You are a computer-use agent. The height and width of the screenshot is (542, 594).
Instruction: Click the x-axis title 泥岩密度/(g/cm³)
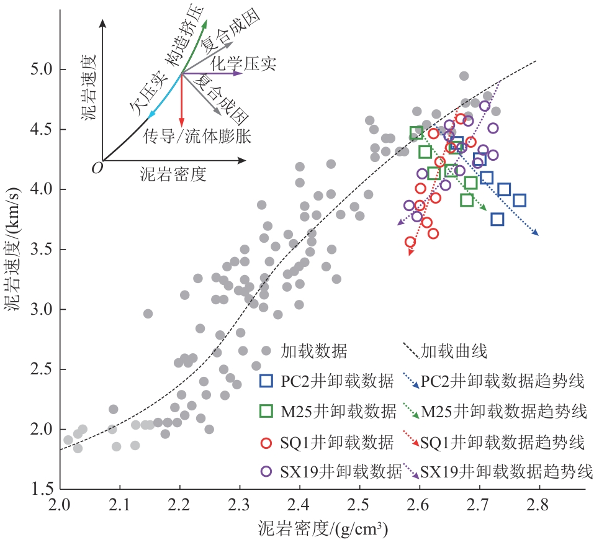pyautogui.click(x=323, y=528)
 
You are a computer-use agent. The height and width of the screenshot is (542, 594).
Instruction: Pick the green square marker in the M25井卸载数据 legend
pyautogui.click(x=267, y=411)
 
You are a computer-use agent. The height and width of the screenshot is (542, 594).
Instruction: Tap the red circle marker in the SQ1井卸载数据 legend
pyautogui.click(x=267, y=442)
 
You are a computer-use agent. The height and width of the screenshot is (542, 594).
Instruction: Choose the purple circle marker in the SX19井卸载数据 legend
pyautogui.click(x=267, y=471)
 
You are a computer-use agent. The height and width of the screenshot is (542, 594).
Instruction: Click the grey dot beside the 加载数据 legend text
pyautogui.click(x=267, y=351)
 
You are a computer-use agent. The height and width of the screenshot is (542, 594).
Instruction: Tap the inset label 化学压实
pyautogui.click(x=243, y=63)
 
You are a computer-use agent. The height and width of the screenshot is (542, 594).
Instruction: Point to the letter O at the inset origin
pyautogui.click(x=96, y=167)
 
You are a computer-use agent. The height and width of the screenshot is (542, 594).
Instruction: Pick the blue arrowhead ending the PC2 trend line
pyautogui.click(x=535, y=233)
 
